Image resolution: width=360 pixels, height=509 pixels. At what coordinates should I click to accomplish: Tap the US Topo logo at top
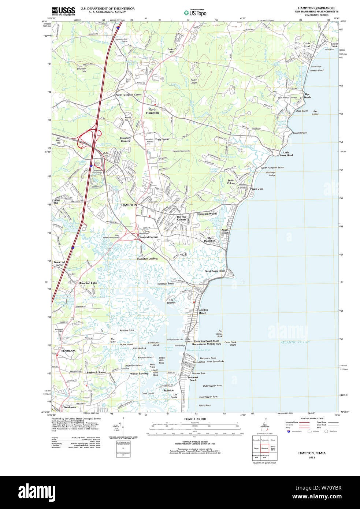[x=195, y=12]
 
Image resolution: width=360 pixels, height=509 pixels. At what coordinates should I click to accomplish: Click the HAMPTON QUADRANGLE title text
[x=316, y=8]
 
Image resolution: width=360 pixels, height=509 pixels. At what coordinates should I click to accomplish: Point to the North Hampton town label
[x=152, y=111]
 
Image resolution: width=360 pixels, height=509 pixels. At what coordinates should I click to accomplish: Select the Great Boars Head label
[x=215, y=271]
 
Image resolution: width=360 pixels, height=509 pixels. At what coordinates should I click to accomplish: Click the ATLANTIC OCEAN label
[x=295, y=342]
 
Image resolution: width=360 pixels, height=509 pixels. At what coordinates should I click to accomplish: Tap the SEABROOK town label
[x=68, y=351]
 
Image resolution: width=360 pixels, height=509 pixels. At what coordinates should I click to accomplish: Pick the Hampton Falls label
[x=88, y=283]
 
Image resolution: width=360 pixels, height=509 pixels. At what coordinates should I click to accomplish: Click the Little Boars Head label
[x=286, y=154]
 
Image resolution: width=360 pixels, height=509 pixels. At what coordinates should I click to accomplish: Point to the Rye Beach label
[x=307, y=96]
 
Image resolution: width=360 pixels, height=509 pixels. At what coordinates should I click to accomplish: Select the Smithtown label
[x=70, y=407]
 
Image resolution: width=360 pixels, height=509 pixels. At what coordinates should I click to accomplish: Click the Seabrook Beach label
[x=193, y=379]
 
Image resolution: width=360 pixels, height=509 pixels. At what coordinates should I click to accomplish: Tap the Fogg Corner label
[x=162, y=139]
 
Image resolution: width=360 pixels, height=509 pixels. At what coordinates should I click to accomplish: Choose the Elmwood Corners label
[x=148, y=237]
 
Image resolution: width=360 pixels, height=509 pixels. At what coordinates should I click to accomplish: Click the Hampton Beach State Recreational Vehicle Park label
[x=207, y=342]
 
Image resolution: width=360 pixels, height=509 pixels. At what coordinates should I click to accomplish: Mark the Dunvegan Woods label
[x=207, y=214]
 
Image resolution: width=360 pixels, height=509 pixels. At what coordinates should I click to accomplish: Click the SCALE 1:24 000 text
[x=195, y=419]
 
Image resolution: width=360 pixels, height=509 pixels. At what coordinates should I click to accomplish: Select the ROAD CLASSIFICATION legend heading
[x=312, y=419]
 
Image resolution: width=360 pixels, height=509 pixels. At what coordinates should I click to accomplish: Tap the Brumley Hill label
[x=81, y=70]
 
